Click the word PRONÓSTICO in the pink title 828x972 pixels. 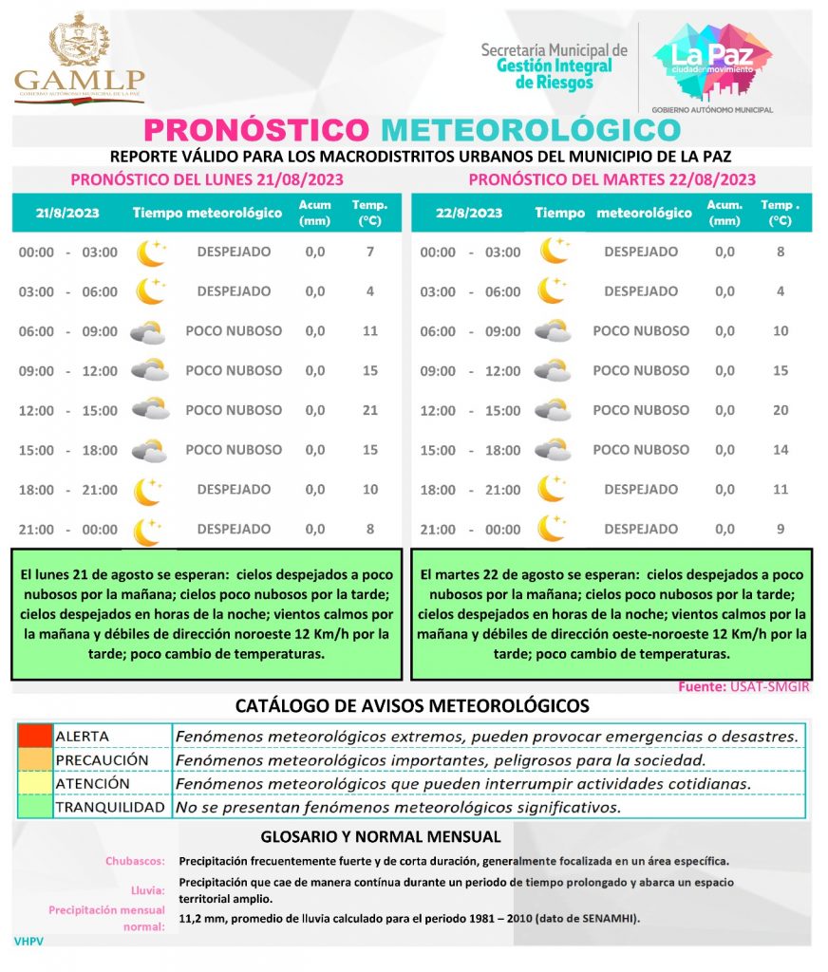click(255, 130)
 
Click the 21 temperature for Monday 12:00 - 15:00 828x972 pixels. click(370, 410)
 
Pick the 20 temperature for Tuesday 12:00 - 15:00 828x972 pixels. click(781, 410)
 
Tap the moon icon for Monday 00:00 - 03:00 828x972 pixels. click(149, 252)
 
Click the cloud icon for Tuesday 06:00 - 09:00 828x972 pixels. click(552, 331)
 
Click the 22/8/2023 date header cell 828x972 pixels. click(470, 214)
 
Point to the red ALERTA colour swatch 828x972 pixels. click(35, 737)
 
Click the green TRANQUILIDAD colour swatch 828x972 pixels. click(35, 808)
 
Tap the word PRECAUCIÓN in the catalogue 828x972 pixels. click(103, 760)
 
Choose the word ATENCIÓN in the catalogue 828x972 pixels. click(93, 784)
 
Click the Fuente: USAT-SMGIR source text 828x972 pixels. click(744, 686)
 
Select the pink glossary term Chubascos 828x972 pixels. click(136, 862)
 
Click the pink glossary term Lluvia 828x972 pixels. click(148, 890)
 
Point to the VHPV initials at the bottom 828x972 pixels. click(29, 941)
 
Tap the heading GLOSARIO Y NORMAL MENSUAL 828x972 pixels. click(380, 837)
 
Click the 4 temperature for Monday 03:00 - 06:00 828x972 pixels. click(370, 291)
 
